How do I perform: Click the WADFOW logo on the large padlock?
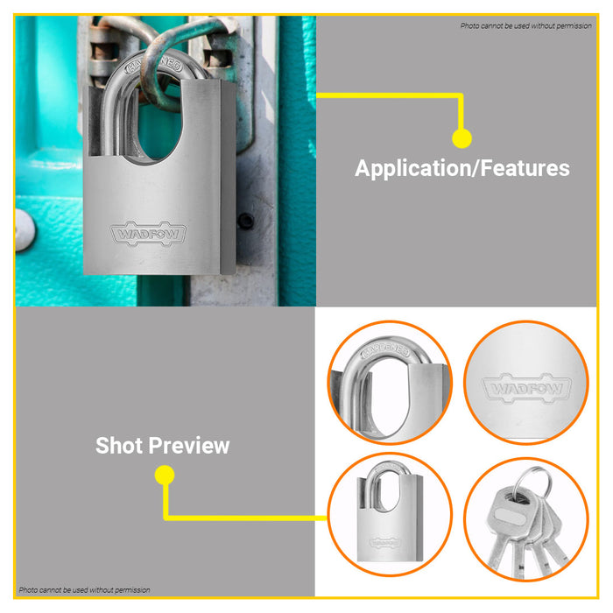148,234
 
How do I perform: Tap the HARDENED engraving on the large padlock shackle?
153,67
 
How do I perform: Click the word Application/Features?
462,168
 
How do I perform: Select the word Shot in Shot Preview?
119,445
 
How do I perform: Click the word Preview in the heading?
189,446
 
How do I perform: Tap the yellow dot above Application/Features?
462,138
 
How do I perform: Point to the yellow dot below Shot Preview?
165,475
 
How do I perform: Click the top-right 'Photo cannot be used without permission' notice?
525,25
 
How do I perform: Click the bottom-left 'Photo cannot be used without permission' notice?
84,590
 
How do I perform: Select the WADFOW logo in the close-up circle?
526,388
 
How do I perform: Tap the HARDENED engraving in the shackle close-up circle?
386,350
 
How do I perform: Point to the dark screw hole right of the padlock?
246,221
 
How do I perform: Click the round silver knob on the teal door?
25,229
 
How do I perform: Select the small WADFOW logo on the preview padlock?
384,542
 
